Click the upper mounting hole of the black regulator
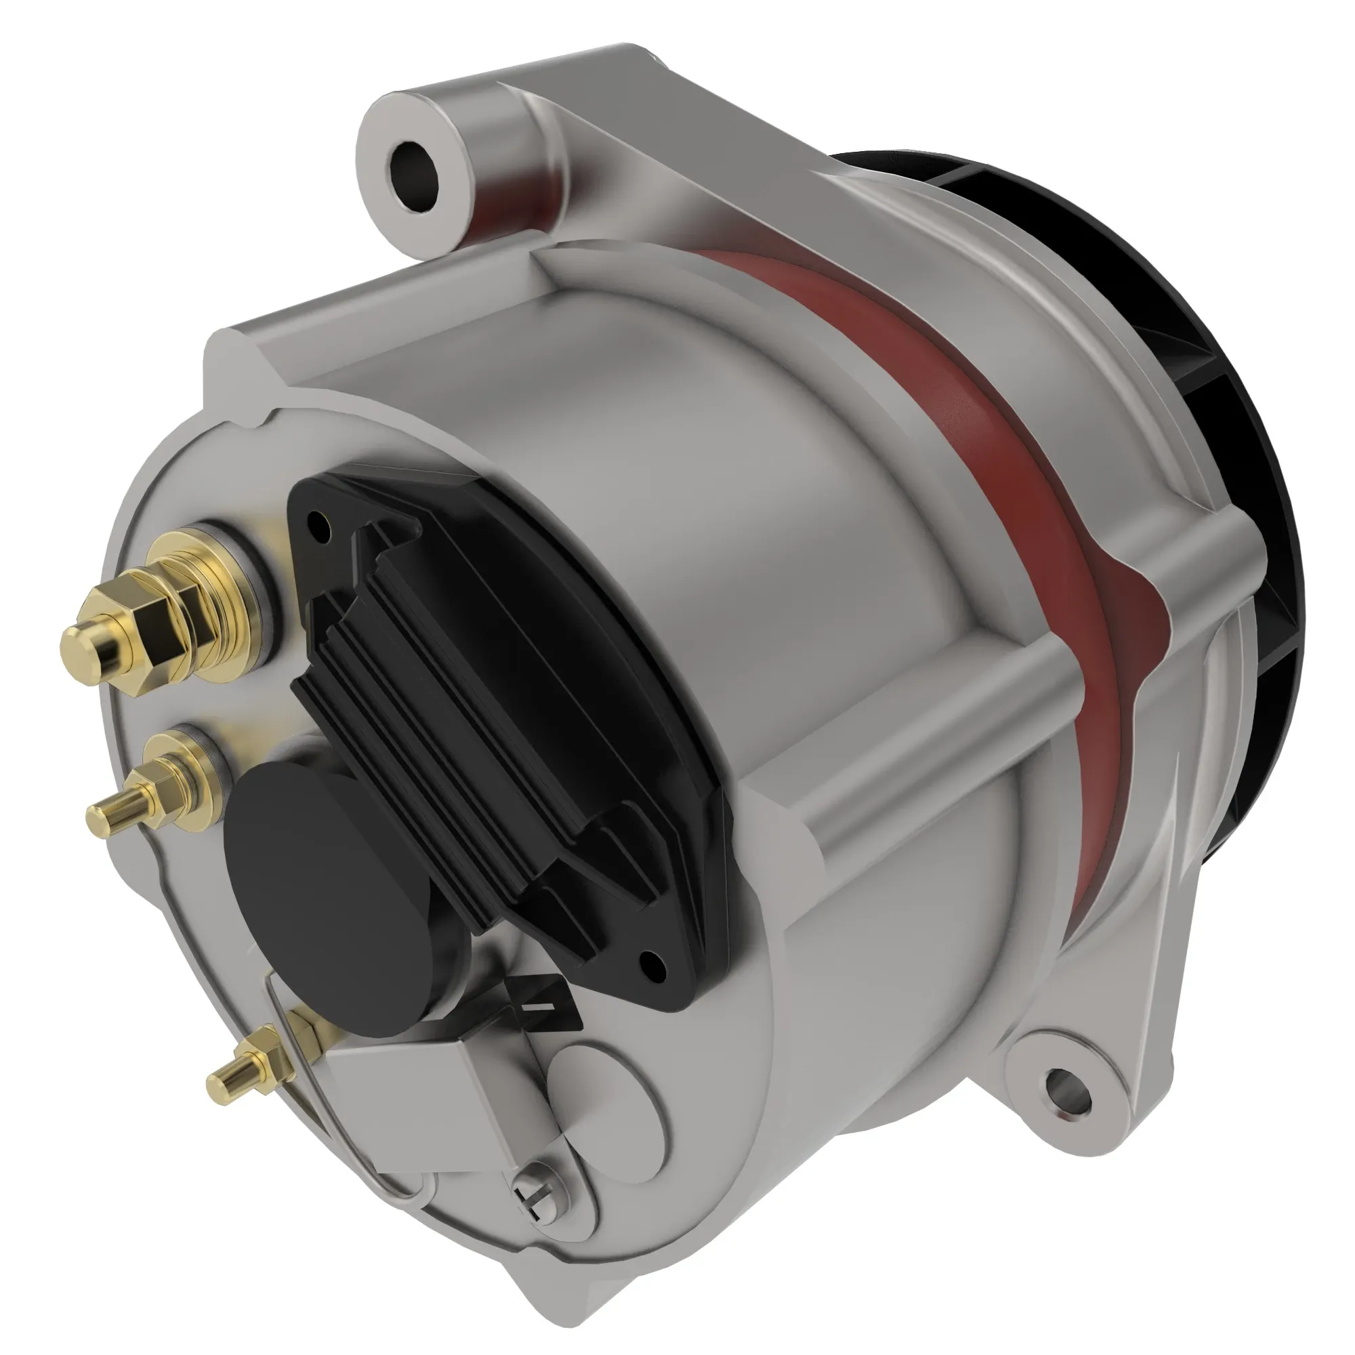319,521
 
